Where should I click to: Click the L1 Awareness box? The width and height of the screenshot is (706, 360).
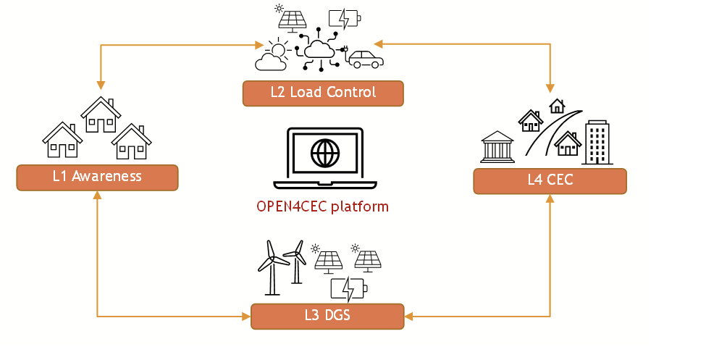(x=97, y=177)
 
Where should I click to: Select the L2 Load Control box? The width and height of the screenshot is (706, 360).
(x=323, y=93)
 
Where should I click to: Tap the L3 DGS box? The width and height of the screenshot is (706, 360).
(x=327, y=316)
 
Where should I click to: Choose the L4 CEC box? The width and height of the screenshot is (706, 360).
(x=550, y=181)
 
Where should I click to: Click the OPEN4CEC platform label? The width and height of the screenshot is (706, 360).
(x=322, y=206)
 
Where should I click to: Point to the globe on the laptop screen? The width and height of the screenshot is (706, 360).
(x=324, y=154)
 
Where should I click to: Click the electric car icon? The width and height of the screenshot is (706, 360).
(x=365, y=59)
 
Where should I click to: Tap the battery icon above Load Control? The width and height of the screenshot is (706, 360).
(x=343, y=18)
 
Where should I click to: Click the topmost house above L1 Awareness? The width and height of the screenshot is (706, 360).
(x=101, y=114)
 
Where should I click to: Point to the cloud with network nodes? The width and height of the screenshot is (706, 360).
(x=319, y=49)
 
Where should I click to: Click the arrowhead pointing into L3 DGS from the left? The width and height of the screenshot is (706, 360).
(x=246, y=316)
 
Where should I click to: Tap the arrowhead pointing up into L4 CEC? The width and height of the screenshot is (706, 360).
(x=550, y=198)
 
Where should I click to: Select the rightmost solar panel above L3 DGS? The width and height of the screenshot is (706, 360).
(x=368, y=260)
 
